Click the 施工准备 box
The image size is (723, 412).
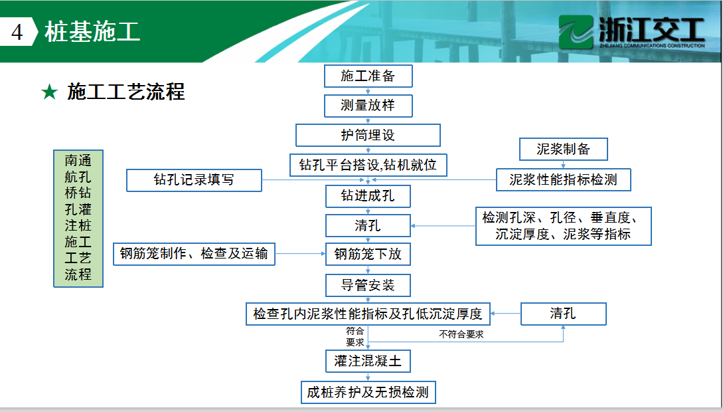tap(368, 76)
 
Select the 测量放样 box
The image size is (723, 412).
tap(368, 106)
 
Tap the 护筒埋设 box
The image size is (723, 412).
tap(368, 135)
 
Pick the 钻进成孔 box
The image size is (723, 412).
tap(368, 196)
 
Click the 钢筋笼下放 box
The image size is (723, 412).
tap(368, 254)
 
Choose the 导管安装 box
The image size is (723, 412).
tap(368, 285)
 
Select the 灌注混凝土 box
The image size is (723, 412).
tap(368, 361)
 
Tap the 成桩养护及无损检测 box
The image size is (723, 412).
tap(368, 392)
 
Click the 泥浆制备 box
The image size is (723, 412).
tap(563, 149)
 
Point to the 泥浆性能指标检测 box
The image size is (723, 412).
tap(563, 179)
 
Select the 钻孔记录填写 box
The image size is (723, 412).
tap(194, 180)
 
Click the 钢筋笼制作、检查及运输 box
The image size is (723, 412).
tap(194, 254)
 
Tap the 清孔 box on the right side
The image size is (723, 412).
tap(563, 314)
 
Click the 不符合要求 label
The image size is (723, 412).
tap(461, 334)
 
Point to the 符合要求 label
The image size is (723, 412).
tap(355, 337)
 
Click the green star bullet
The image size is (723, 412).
tap(49, 92)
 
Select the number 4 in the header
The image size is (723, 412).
tap(17, 32)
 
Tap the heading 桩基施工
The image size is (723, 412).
tap(92, 32)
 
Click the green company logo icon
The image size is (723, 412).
tap(576, 31)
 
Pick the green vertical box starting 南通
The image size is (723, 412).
tap(78, 219)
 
